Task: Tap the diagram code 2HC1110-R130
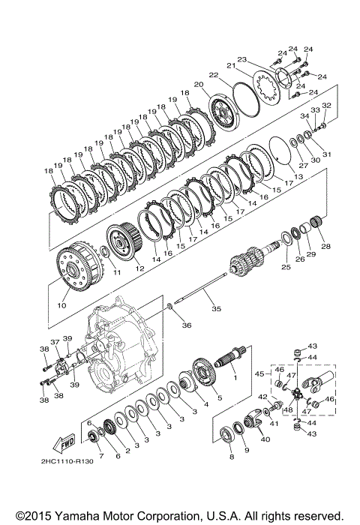point(67,461)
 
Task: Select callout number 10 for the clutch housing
point(61,305)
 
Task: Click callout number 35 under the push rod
point(216,308)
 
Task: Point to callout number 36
point(187,325)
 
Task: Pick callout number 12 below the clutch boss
point(139,268)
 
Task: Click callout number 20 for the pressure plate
point(199,85)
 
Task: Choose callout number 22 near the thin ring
point(213,75)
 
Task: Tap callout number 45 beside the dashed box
point(259,373)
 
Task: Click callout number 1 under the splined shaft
point(235,378)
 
